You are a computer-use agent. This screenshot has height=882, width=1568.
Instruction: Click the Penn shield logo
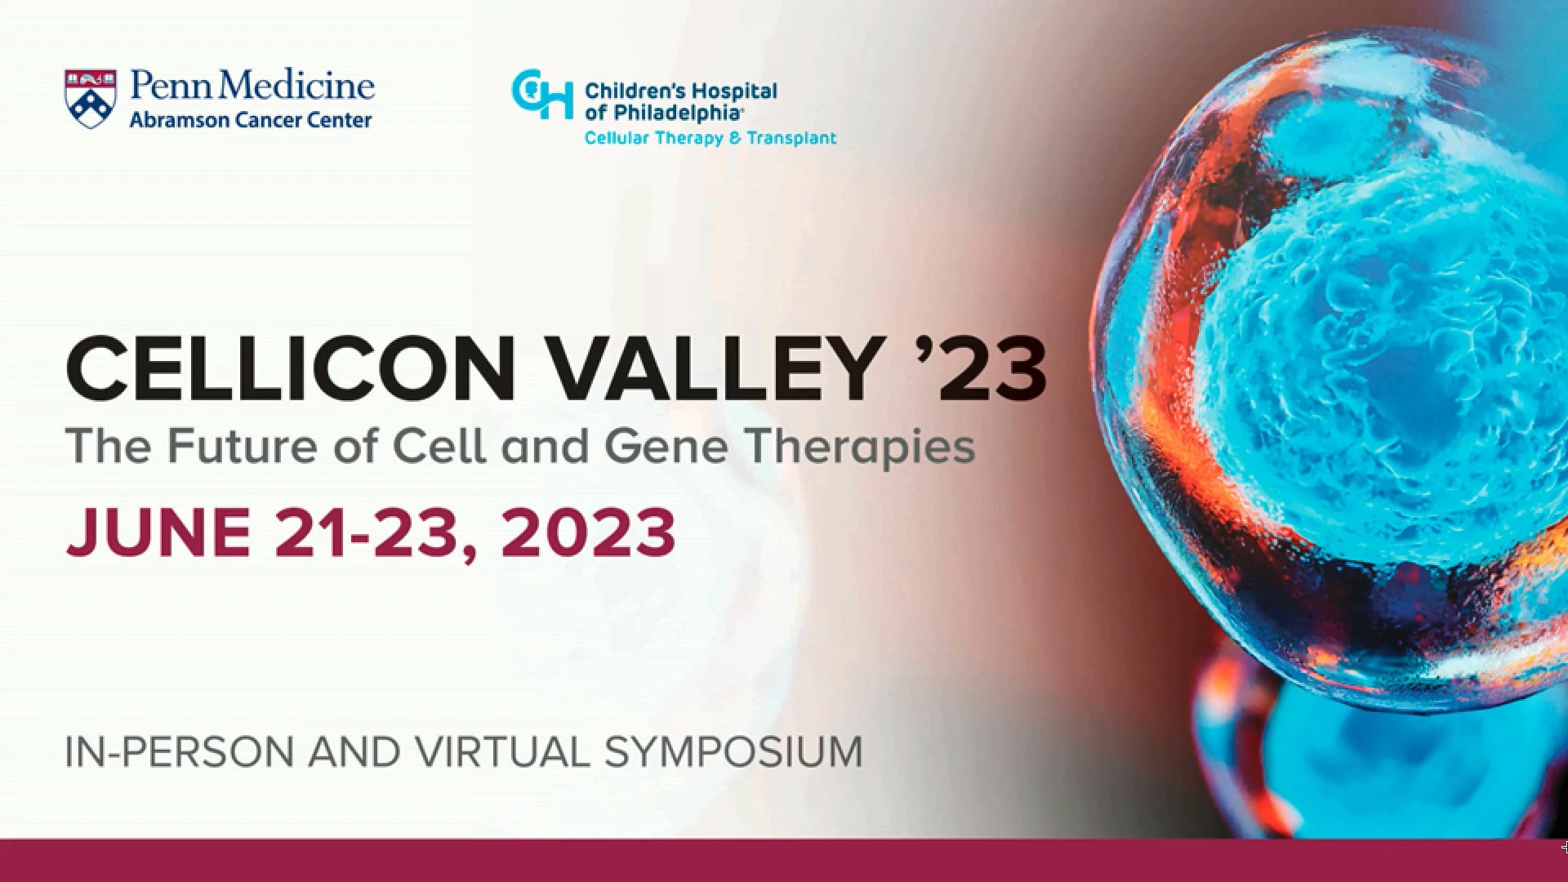click(x=90, y=98)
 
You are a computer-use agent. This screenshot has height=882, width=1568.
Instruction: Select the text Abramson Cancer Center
click(x=251, y=120)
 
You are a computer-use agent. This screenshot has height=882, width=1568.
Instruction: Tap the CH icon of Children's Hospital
click(x=541, y=94)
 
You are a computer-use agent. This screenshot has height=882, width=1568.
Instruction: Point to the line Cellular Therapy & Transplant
click(x=710, y=138)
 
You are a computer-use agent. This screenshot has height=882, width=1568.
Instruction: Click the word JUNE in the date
click(x=158, y=532)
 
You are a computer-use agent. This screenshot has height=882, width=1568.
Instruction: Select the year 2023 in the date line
click(x=588, y=532)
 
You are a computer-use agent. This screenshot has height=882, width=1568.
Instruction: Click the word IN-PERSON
click(x=180, y=752)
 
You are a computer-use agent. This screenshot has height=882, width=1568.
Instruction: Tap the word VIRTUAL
click(x=502, y=752)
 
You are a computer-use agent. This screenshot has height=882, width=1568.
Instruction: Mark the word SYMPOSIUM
click(x=733, y=752)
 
